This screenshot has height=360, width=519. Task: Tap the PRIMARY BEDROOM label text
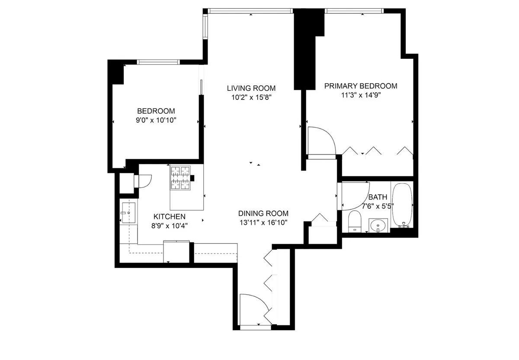click(x=361, y=86)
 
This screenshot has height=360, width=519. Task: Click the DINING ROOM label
click(x=263, y=213)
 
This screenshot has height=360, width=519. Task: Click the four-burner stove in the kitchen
click(x=180, y=178)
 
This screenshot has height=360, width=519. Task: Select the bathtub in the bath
click(x=402, y=204)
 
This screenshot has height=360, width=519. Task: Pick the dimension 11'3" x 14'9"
click(x=361, y=96)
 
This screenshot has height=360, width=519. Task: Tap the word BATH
click(x=375, y=197)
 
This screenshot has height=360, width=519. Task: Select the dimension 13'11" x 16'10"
click(x=263, y=222)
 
